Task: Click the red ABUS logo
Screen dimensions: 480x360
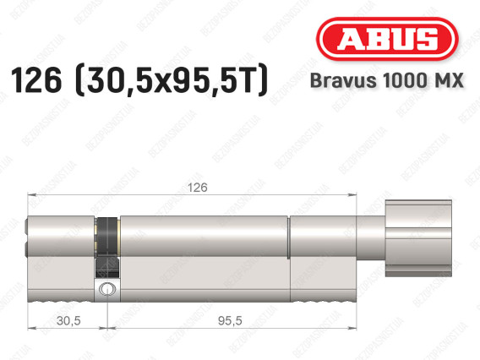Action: pyautogui.click(x=387, y=39)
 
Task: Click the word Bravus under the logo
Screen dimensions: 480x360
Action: pyautogui.click(x=343, y=80)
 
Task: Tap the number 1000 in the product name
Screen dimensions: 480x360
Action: pyautogui.click(x=403, y=80)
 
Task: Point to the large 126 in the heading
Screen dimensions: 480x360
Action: pyautogui.click(x=36, y=80)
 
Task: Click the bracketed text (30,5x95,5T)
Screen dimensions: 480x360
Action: pyautogui.click(x=172, y=80)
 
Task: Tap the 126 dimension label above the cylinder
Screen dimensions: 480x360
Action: pyautogui.click(x=198, y=188)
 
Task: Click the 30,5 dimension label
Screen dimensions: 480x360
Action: pyautogui.click(x=68, y=320)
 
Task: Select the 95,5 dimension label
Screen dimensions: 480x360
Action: pyautogui.click(x=230, y=320)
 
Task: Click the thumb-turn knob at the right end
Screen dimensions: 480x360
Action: pyautogui.click(x=418, y=238)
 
